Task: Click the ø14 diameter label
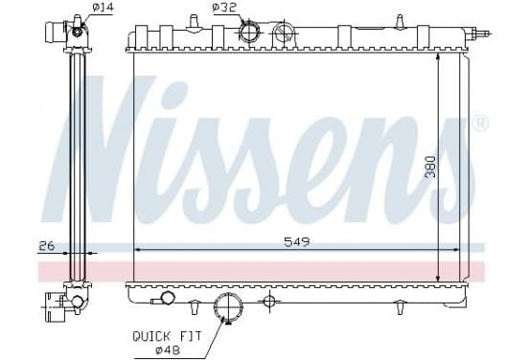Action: point(103,8)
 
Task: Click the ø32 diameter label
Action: point(223,8)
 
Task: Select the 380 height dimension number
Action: point(430,167)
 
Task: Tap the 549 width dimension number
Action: point(296,241)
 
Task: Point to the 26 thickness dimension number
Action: point(47,246)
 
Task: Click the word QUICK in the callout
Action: point(151,336)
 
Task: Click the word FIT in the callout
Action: point(190,336)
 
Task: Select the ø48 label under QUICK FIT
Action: point(168,350)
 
